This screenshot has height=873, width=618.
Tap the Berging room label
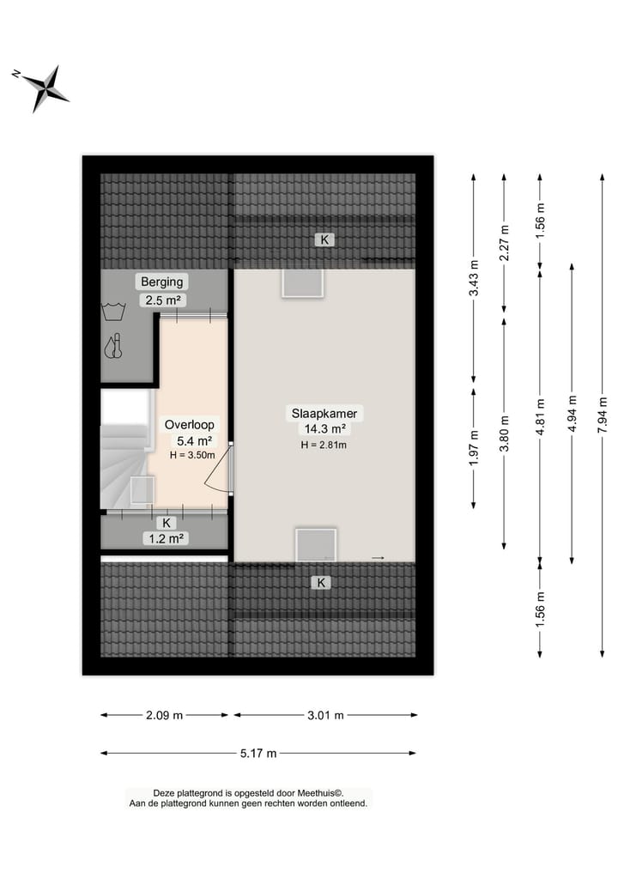point(162,282)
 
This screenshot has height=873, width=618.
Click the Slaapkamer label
point(323,414)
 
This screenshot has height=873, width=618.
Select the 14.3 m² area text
point(323,429)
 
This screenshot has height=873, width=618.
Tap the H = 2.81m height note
point(323,445)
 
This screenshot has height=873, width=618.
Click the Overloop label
point(190,424)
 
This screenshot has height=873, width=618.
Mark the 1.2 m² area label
point(166,538)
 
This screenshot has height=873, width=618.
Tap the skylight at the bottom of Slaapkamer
point(316,544)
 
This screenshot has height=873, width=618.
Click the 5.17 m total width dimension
point(258,754)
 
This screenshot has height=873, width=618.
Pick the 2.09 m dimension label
point(165,715)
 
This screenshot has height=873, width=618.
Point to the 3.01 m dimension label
point(325,715)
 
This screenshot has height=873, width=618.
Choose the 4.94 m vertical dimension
point(572,415)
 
